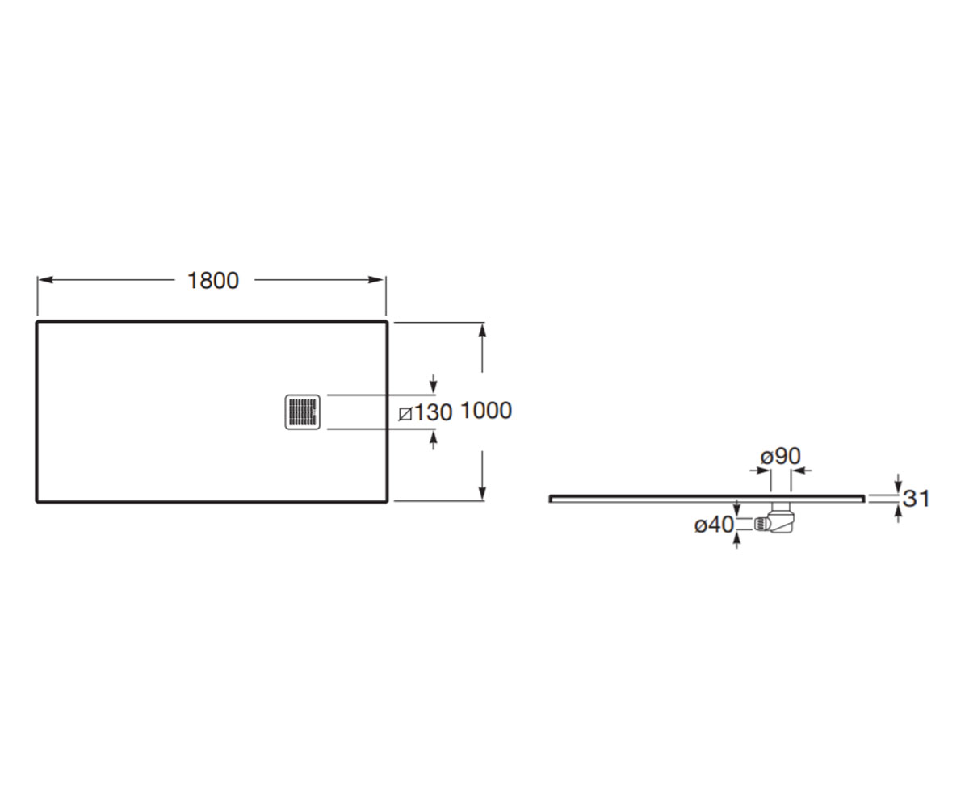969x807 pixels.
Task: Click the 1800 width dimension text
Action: pos(213,281)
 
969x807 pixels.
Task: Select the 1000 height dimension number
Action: pos(486,411)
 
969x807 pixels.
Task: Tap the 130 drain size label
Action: pos(433,412)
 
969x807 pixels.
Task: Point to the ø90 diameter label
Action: pos(781,456)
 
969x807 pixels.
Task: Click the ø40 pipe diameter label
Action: pos(714,525)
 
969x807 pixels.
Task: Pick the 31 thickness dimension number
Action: pos(917,499)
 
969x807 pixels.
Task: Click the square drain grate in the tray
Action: pos(303,412)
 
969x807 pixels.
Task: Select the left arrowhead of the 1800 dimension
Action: pos(45,280)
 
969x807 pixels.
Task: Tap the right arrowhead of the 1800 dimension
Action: pos(375,280)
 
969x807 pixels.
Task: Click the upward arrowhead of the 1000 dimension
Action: pos(483,331)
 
